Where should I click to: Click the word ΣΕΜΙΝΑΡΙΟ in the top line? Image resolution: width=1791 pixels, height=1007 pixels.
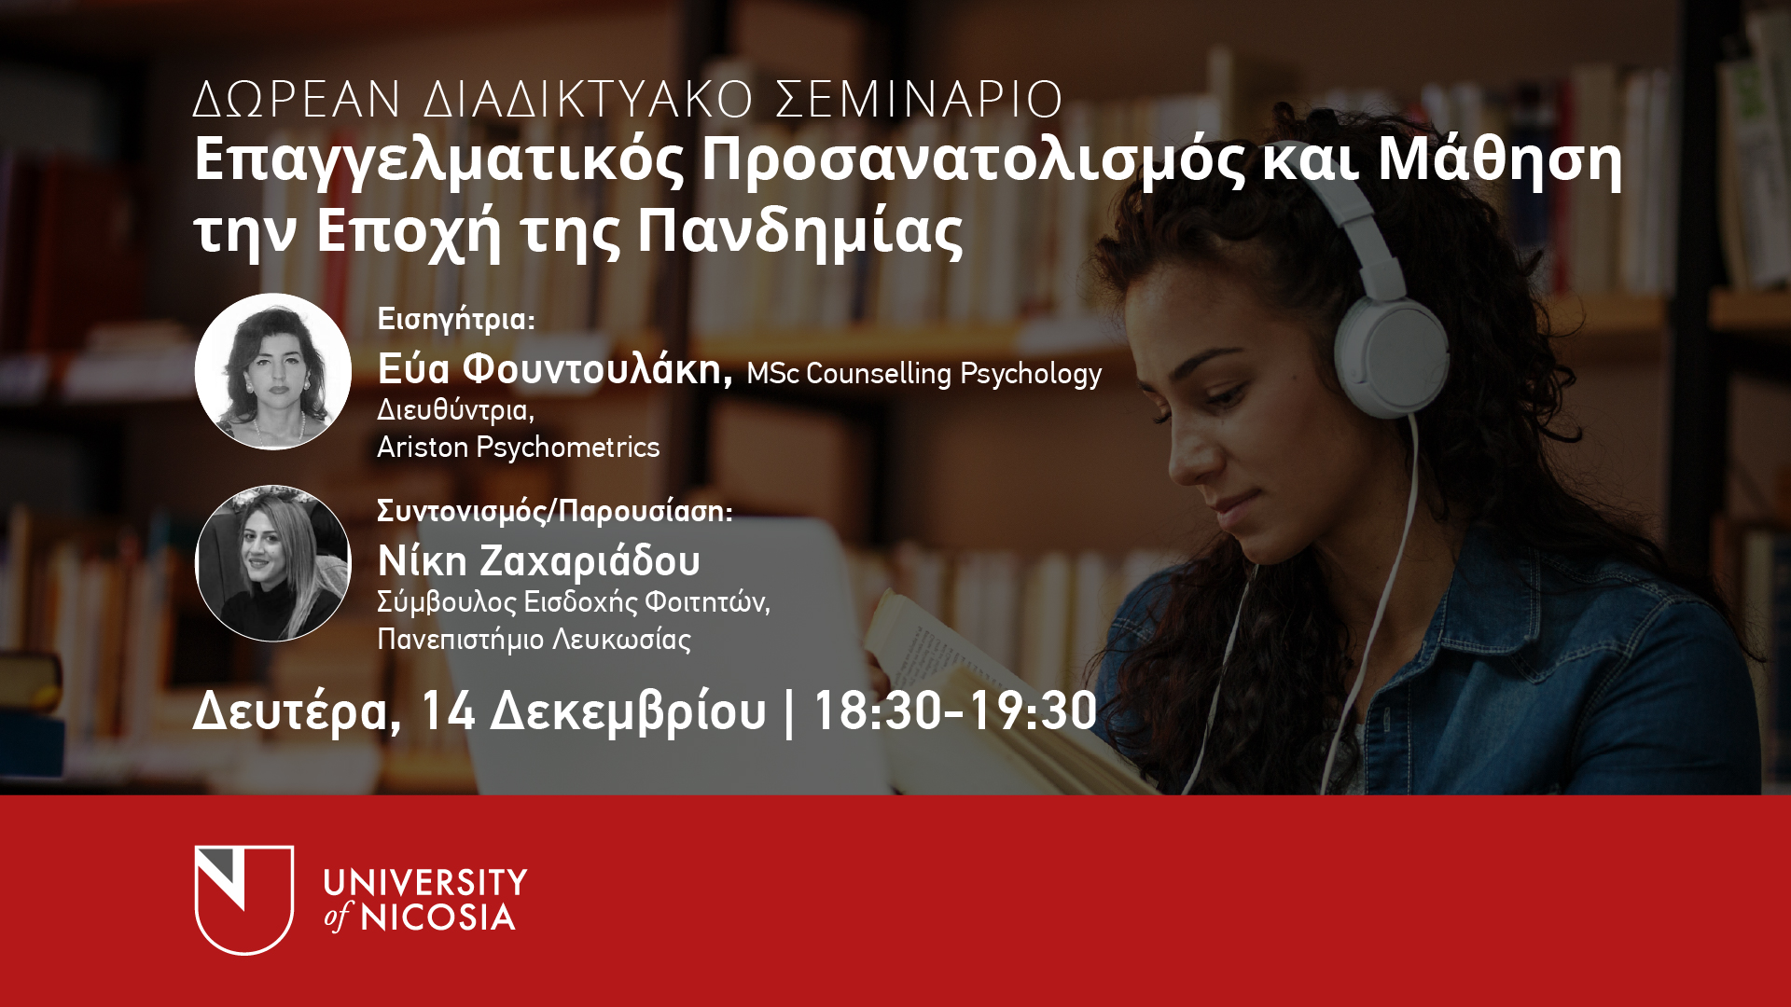point(920,99)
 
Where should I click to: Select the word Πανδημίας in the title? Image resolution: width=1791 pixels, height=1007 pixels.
point(800,234)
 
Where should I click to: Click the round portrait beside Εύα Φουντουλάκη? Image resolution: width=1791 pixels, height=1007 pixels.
point(273,371)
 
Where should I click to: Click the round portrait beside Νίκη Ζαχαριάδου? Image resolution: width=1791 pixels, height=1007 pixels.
point(273,563)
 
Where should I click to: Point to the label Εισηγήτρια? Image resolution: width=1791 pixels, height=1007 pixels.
point(456,320)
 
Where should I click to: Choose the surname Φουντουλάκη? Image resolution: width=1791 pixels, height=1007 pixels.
point(598,369)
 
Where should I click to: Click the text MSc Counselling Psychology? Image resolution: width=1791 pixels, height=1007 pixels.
point(924,373)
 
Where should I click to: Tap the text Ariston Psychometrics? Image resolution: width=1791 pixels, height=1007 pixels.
point(519,448)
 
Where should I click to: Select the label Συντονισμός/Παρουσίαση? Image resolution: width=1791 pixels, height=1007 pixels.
point(555,511)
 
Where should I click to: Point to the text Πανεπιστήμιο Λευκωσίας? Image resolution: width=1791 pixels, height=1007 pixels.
point(535,640)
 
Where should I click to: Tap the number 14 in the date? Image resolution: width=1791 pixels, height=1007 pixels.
point(448,710)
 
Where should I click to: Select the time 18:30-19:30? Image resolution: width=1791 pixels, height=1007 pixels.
point(956,710)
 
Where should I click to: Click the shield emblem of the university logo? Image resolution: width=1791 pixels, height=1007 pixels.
point(244,900)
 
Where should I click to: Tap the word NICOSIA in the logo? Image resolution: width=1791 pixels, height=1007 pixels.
point(437,917)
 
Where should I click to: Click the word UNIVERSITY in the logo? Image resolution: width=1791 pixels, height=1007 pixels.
point(425,882)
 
